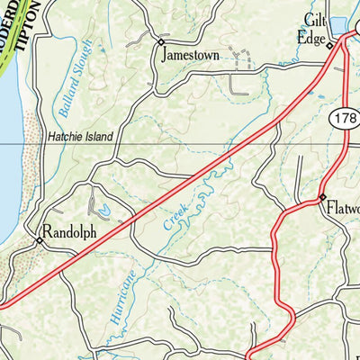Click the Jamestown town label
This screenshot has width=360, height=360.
click(x=190, y=54)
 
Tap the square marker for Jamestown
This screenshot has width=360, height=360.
click(x=161, y=41)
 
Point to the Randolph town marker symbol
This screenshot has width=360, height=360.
click(x=40, y=240)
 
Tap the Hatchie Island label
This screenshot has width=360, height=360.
click(x=80, y=137)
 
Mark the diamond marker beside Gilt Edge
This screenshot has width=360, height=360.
click(x=329, y=44)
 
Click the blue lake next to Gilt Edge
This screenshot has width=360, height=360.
click(x=339, y=25)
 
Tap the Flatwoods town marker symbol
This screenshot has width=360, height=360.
click(x=321, y=197)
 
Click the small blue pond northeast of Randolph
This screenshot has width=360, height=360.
click(x=106, y=209)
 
